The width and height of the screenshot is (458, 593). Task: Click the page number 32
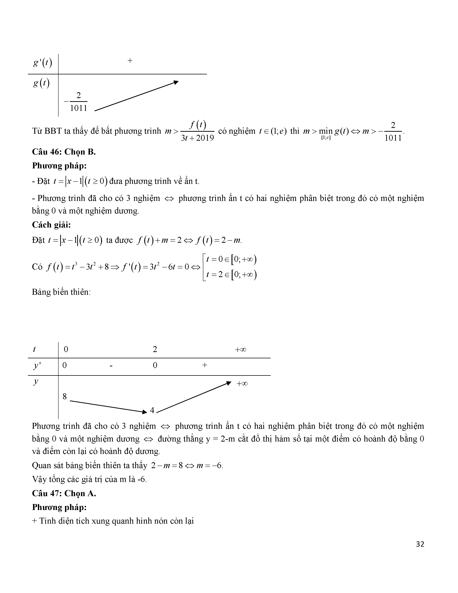tap(420, 544)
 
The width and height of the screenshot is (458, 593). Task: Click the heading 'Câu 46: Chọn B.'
tap(64, 152)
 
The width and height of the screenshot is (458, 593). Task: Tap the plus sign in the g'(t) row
tap(130, 61)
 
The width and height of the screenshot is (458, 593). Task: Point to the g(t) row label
tap(41, 83)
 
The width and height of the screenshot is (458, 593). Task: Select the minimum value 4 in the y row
tap(152, 410)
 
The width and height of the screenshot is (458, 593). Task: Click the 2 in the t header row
tap(155, 349)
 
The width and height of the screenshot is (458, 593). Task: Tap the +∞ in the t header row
tap(240, 350)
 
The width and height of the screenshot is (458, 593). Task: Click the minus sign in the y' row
tap(111, 366)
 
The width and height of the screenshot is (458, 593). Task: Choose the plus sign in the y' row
tap(205, 365)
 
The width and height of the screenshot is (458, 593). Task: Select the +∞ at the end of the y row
tap(242, 384)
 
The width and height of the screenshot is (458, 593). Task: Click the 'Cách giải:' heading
tap(51, 225)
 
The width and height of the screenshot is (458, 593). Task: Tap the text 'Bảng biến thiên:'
tap(61, 292)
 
